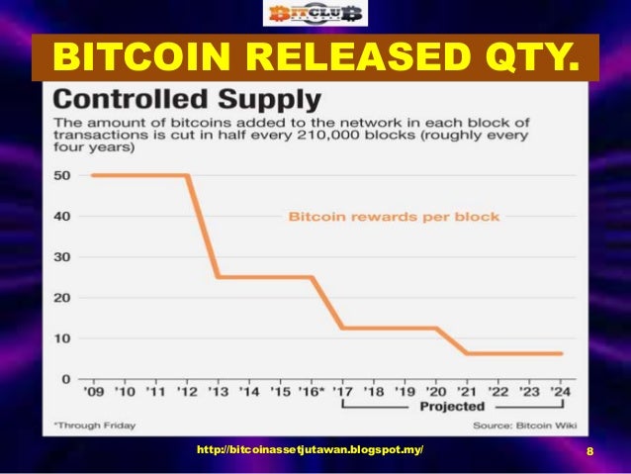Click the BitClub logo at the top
coord(314,14)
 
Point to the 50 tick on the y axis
coord(61,175)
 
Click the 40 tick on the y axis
coord(61,216)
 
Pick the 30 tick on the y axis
coord(61,256)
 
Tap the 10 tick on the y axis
coord(61,338)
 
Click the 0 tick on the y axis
coord(66,379)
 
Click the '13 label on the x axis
coord(218,393)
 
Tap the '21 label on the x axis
coord(468,393)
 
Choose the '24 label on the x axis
coord(561,393)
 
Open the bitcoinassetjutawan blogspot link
coord(310,450)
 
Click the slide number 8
coord(589,451)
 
